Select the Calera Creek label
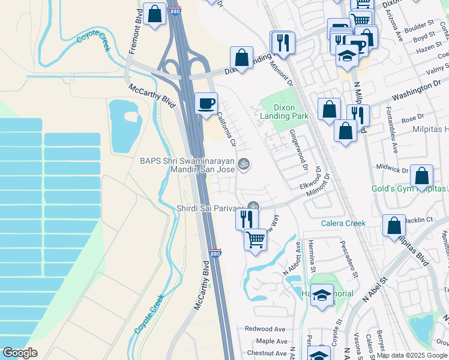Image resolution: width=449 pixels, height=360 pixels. (343, 223)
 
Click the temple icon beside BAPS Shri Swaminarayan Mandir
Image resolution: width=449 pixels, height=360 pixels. (243, 163)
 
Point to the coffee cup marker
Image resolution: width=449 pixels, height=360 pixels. (206, 103)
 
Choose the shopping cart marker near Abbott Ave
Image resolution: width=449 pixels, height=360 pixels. (256, 239)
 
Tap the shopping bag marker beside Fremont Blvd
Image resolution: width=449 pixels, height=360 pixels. (154, 13)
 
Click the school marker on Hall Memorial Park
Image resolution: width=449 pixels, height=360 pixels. (322, 295)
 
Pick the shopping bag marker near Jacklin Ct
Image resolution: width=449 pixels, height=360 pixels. (394, 226)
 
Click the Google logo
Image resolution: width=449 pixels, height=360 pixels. (20, 353)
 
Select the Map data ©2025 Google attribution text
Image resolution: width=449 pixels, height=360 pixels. (412, 355)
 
